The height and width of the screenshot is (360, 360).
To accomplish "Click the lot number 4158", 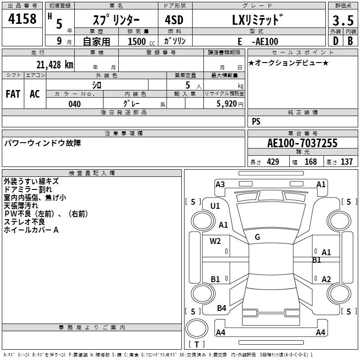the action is pos(22,19).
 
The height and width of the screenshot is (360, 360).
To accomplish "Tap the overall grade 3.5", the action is pos(343,20).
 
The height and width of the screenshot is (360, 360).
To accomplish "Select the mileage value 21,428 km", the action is pos(55,64).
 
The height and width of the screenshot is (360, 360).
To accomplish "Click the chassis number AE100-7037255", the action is pos(302,143).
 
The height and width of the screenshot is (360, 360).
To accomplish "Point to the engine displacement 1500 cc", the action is pos(141,41).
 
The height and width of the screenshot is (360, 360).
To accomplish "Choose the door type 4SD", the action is pos(174,20).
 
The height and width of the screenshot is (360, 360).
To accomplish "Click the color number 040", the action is pos(75,104).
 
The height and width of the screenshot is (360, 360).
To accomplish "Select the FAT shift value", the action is pos(13,94).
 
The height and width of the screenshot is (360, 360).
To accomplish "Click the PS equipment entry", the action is pos(256,121).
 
